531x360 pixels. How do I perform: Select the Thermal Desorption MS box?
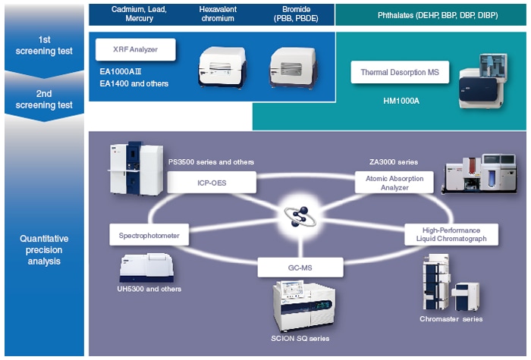[x=400, y=74]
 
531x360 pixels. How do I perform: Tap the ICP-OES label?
[x=212, y=183]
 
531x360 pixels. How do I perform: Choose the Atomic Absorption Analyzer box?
[x=394, y=182]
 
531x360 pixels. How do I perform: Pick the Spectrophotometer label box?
[x=149, y=236]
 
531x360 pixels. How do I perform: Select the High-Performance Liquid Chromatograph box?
[x=452, y=234]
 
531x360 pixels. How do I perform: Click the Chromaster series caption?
[x=451, y=319]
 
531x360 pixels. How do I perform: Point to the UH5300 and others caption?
[x=150, y=289]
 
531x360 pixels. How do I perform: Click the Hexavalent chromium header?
[x=217, y=14]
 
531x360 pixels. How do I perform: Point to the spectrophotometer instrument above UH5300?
[x=149, y=266]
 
